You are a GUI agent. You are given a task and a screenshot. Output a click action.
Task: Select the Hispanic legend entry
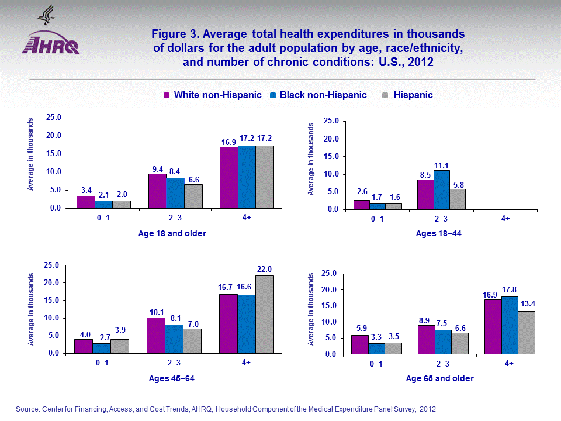tap(413, 95)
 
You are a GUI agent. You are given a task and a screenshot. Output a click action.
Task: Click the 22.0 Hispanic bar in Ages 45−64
tap(265, 315)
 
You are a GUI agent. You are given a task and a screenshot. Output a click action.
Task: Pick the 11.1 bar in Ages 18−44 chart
tap(441, 189)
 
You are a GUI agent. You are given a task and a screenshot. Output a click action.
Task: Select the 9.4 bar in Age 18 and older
tap(157, 191)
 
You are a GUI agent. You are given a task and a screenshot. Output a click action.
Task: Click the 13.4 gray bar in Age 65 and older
tap(526, 332)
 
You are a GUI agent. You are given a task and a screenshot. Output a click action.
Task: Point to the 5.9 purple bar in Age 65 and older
tap(359, 344)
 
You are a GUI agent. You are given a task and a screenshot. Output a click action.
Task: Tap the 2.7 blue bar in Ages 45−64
tap(101, 348)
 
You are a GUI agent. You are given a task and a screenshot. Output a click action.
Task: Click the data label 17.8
tap(510, 289)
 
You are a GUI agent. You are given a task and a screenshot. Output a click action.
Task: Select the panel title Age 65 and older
tap(440, 378)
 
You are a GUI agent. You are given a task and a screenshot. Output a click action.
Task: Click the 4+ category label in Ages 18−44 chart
tap(505, 219)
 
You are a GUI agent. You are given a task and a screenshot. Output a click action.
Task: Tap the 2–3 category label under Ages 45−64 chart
tap(173, 363)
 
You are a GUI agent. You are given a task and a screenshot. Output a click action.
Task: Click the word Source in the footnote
tap(27, 409)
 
